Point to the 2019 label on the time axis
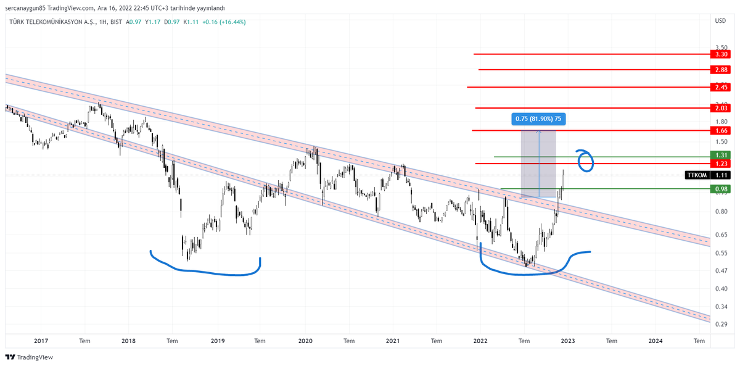point(217,340)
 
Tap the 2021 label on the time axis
point(393,340)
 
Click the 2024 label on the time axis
point(656,340)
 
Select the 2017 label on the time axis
point(41,340)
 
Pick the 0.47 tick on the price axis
point(720,270)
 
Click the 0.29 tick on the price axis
point(720,324)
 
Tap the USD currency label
point(720,22)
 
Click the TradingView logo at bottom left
point(29,357)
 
